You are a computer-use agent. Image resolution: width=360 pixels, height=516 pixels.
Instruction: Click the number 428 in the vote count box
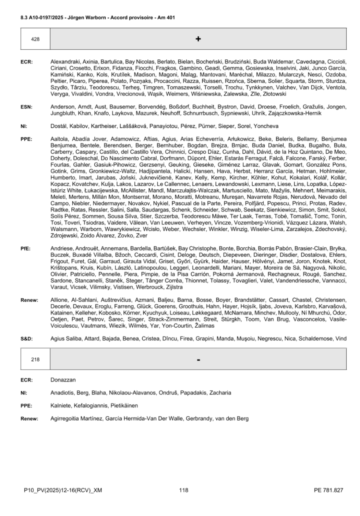[x=35, y=39]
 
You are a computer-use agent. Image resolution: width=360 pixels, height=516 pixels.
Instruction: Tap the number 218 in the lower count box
[x=35, y=360]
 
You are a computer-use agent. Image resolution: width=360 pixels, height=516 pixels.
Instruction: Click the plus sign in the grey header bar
[x=198, y=39]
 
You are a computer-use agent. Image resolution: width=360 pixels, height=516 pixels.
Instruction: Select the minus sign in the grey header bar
[x=198, y=360]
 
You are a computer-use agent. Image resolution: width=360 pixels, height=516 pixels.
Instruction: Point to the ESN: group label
[x=27, y=107]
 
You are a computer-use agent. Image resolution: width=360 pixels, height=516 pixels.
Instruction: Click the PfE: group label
[x=26, y=248]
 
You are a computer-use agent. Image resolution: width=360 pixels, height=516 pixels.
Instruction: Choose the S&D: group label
[x=27, y=339]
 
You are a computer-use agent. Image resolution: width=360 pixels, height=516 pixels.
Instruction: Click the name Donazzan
[x=63, y=380]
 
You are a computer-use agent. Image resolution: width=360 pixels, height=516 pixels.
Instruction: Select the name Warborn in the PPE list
[x=91, y=229]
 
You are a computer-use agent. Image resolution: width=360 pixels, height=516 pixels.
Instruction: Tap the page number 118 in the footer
[x=184, y=490]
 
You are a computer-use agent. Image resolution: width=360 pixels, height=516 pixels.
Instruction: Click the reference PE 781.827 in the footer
[x=328, y=490]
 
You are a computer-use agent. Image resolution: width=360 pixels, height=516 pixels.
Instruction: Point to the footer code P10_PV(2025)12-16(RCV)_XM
[x=63, y=490]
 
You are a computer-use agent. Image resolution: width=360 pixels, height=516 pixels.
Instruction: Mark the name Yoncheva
[x=266, y=126]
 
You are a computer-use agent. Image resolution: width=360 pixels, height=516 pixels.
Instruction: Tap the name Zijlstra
[x=174, y=287]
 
